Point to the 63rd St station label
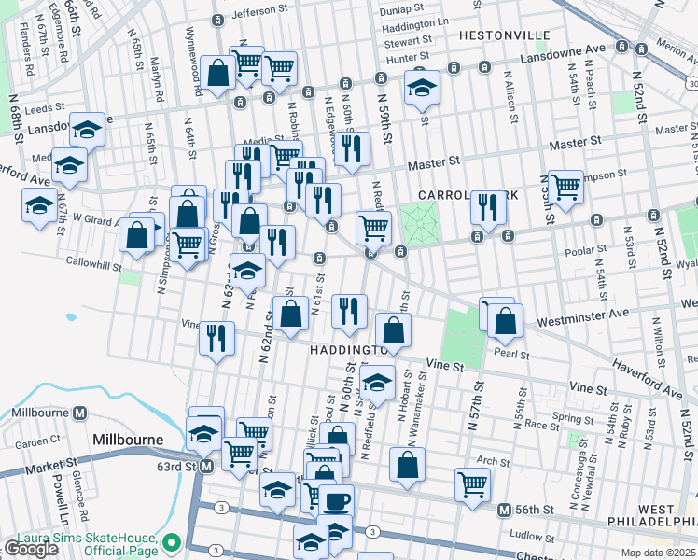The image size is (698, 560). point(176,465)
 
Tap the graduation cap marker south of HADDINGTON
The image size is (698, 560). point(378,383)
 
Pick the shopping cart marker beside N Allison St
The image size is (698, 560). point(565,187)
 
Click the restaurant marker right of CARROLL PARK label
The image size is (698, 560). point(486,207)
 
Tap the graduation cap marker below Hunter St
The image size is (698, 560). point(423,88)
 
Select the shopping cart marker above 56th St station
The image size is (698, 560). point(473,483)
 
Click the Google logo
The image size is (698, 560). point(31,549)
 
